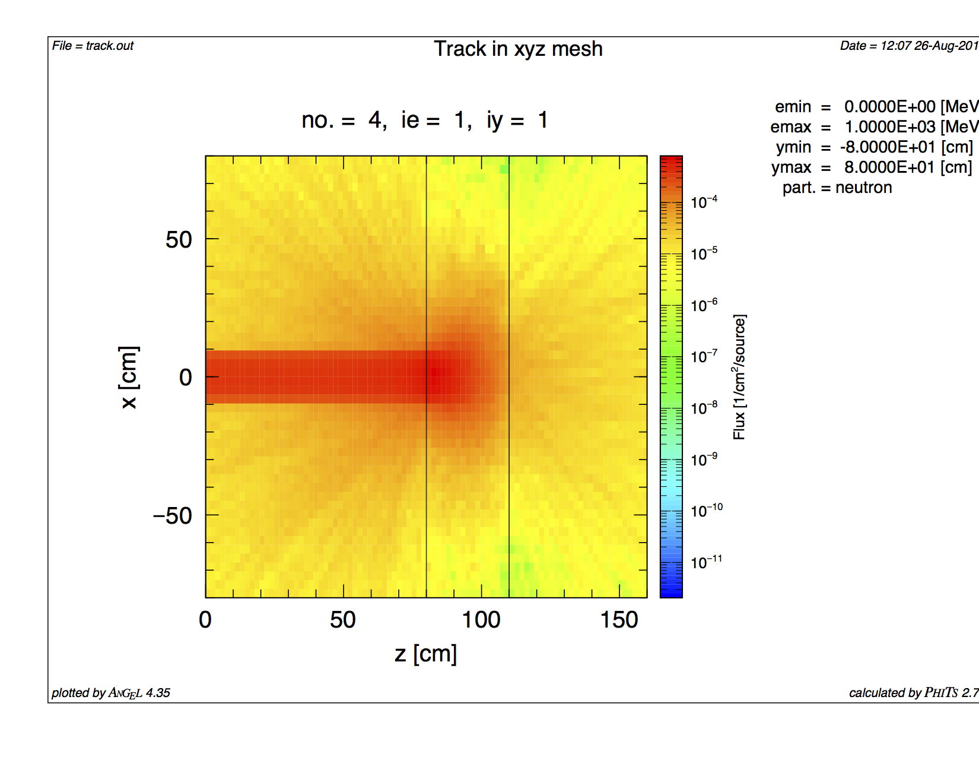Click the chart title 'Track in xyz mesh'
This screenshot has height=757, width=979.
(x=518, y=49)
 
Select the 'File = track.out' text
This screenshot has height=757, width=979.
(x=93, y=46)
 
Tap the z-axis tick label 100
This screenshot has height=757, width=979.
(x=481, y=620)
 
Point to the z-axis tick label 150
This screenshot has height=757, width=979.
(x=619, y=620)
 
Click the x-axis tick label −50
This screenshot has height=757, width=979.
(x=173, y=515)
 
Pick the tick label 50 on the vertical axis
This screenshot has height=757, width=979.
(x=179, y=240)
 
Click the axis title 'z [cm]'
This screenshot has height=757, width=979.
(x=425, y=654)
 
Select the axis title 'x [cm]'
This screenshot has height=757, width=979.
(x=129, y=377)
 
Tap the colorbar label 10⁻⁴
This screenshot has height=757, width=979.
(x=704, y=202)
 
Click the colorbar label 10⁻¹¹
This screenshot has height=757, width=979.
(x=706, y=562)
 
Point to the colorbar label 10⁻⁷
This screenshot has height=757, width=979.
(x=704, y=356)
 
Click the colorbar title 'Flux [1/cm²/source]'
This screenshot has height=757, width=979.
(x=739, y=377)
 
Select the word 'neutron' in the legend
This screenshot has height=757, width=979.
(x=863, y=188)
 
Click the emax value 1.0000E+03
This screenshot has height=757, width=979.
(x=890, y=127)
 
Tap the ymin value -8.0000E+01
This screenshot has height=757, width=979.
(x=888, y=147)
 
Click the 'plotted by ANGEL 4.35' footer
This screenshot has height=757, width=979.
(x=111, y=693)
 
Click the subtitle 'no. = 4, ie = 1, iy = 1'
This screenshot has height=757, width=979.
(x=425, y=120)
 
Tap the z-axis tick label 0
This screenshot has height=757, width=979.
(x=205, y=620)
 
